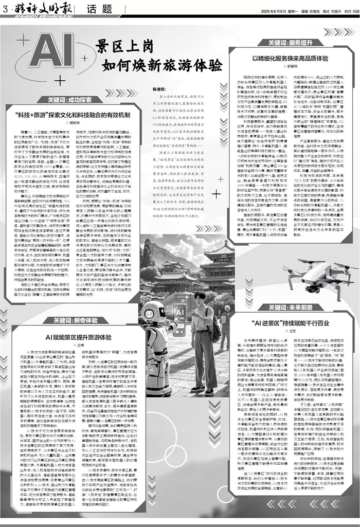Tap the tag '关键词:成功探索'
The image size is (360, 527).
(x=69, y=99)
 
